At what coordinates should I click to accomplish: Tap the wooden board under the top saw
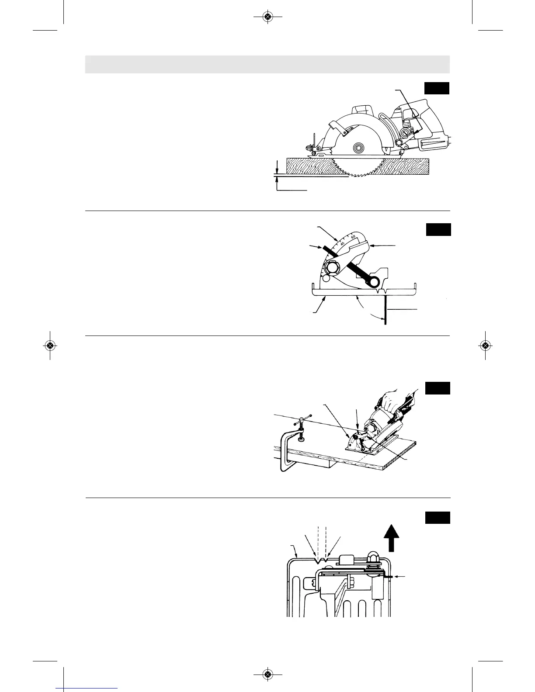306,166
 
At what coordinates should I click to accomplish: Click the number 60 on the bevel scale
353,236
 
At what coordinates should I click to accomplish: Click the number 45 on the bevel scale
343,243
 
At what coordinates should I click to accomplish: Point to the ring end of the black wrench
375,283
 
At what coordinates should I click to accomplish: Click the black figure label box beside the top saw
437,88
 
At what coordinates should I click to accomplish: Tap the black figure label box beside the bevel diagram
438,229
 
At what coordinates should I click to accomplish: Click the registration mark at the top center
268,17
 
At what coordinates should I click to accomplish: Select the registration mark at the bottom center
268,675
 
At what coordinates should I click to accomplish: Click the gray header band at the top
267,64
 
